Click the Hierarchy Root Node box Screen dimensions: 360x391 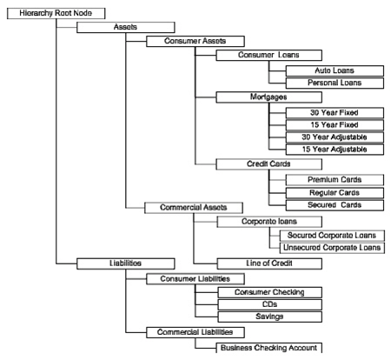56,13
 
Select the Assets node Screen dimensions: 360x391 126,27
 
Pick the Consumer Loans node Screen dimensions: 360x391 264,55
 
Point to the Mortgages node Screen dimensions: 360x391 264,98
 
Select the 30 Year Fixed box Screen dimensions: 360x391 335,112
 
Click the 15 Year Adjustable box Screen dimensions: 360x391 335,150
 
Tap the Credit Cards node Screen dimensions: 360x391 264,163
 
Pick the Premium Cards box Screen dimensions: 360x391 335,178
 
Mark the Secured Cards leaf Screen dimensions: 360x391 335,205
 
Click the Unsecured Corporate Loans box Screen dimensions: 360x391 335,247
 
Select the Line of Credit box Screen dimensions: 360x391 264,262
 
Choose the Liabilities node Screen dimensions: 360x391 126,261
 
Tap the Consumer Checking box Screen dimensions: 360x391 264,292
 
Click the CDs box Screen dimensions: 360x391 264,305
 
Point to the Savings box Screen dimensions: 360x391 264,317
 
